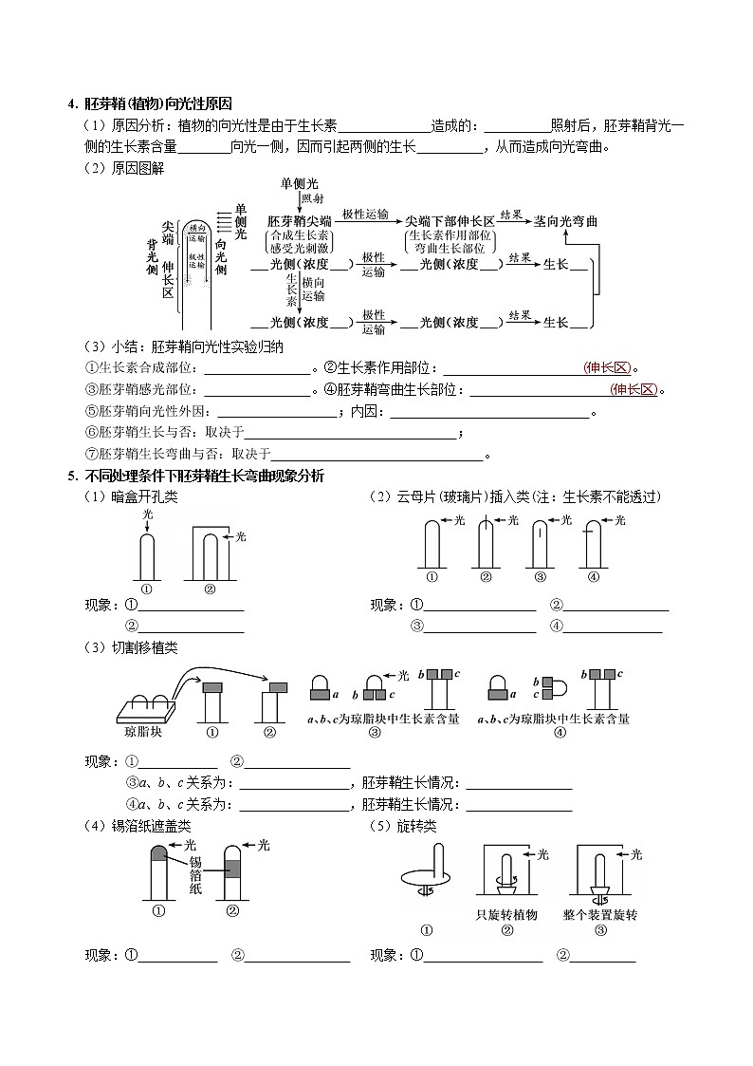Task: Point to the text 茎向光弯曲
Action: [x=565, y=220]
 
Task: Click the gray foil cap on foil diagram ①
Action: [x=158, y=853]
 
